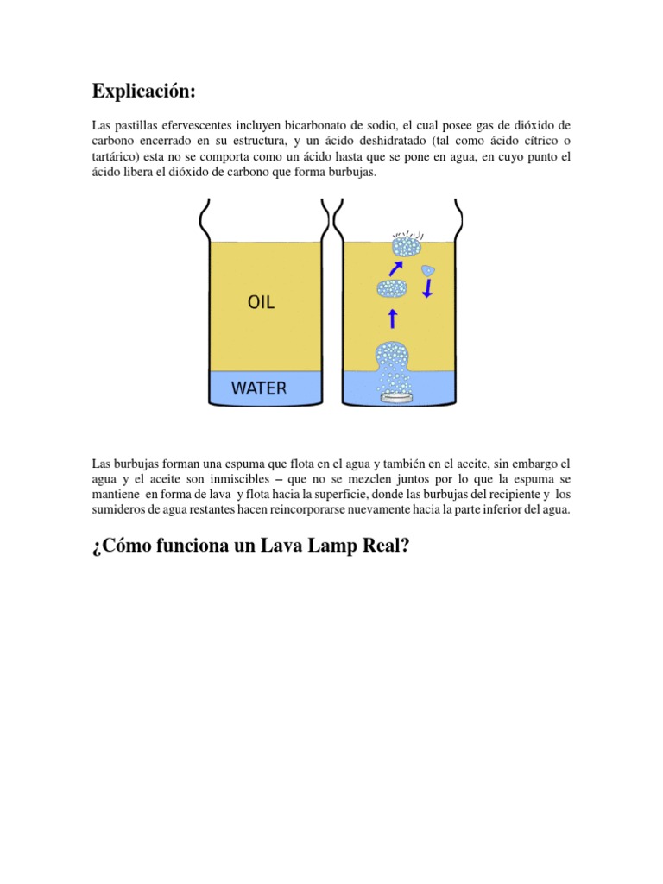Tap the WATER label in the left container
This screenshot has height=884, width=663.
pyautogui.click(x=258, y=388)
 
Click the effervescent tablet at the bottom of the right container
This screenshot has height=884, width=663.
pyautogui.click(x=395, y=396)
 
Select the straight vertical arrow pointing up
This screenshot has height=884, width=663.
pyautogui.click(x=393, y=319)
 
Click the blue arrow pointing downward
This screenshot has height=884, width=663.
pyautogui.click(x=426, y=290)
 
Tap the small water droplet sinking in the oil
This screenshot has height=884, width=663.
pyautogui.click(x=426, y=271)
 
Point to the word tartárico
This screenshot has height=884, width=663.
pyautogui.click(x=117, y=157)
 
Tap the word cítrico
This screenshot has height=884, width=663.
pyautogui.click(x=531, y=142)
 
